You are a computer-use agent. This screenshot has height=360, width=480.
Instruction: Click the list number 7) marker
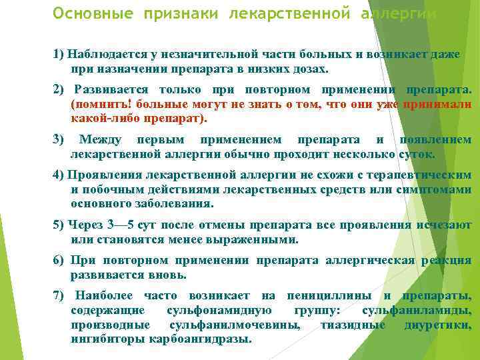tap(59, 295)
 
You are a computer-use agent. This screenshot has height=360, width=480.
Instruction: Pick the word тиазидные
tap(353, 325)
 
